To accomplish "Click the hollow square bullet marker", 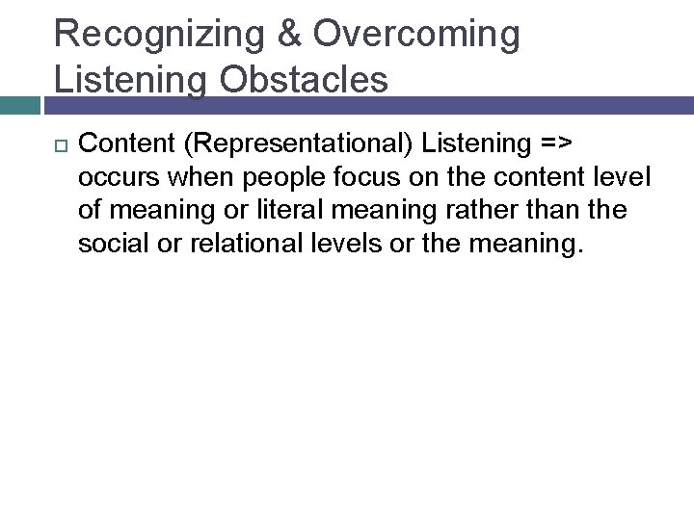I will point(57,145).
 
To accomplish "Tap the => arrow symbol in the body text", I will point(556,145).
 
